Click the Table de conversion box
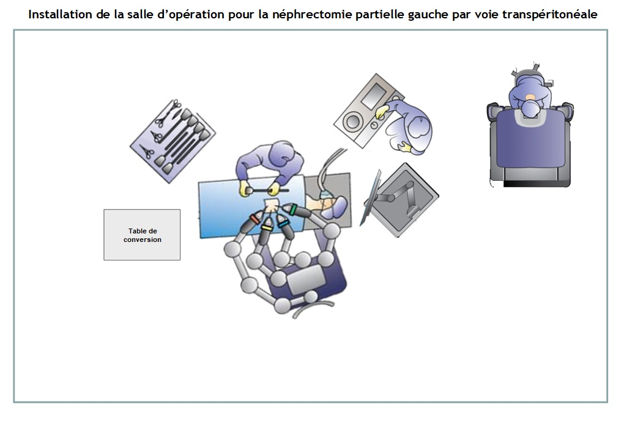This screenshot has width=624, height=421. point(142,235)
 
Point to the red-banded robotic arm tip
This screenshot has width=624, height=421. point(255,218)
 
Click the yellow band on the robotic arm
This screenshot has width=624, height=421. point(266,228)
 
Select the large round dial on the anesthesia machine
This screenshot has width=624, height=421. point(352,121)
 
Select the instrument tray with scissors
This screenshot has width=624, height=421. point(173,141)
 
